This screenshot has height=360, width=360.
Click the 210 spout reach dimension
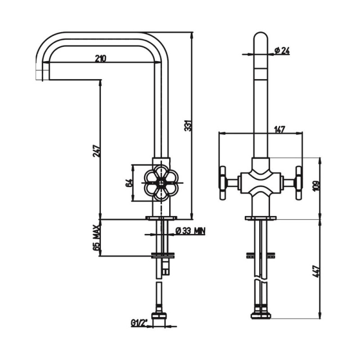tap(100, 58)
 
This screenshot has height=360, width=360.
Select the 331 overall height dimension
tap(188, 126)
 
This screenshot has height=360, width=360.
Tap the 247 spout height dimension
tap(96, 151)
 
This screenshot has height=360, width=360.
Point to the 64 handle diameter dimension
tap(130, 183)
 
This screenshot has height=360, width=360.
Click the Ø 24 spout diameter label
tap(282, 50)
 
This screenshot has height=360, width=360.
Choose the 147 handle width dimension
tap(279, 130)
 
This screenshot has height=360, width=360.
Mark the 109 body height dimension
tap(316, 186)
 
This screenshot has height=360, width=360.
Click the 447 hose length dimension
tap(316, 271)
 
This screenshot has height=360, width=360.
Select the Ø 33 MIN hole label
tap(190, 231)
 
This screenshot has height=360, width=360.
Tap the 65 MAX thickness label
tap(97, 238)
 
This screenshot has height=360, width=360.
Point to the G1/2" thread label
tap(140, 323)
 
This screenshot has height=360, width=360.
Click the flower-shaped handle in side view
tap(161, 183)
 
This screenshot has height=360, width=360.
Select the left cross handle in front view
tap(226, 183)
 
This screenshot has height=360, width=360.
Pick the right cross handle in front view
tap(295, 183)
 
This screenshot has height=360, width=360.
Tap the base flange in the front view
tap(261, 218)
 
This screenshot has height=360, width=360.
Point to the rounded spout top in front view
tap(261, 37)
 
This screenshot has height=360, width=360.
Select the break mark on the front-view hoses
tap(261, 280)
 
